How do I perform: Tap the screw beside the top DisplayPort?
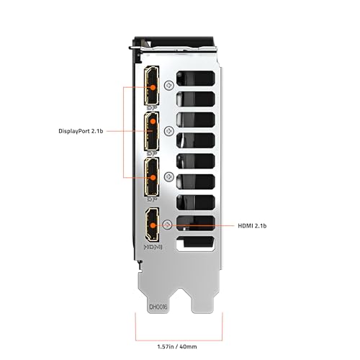click(168, 85)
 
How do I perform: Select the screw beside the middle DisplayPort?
click(168, 131)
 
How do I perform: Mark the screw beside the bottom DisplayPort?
click(168, 177)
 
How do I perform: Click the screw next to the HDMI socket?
click(168, 224)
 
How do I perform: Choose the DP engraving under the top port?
click(153, 108)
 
